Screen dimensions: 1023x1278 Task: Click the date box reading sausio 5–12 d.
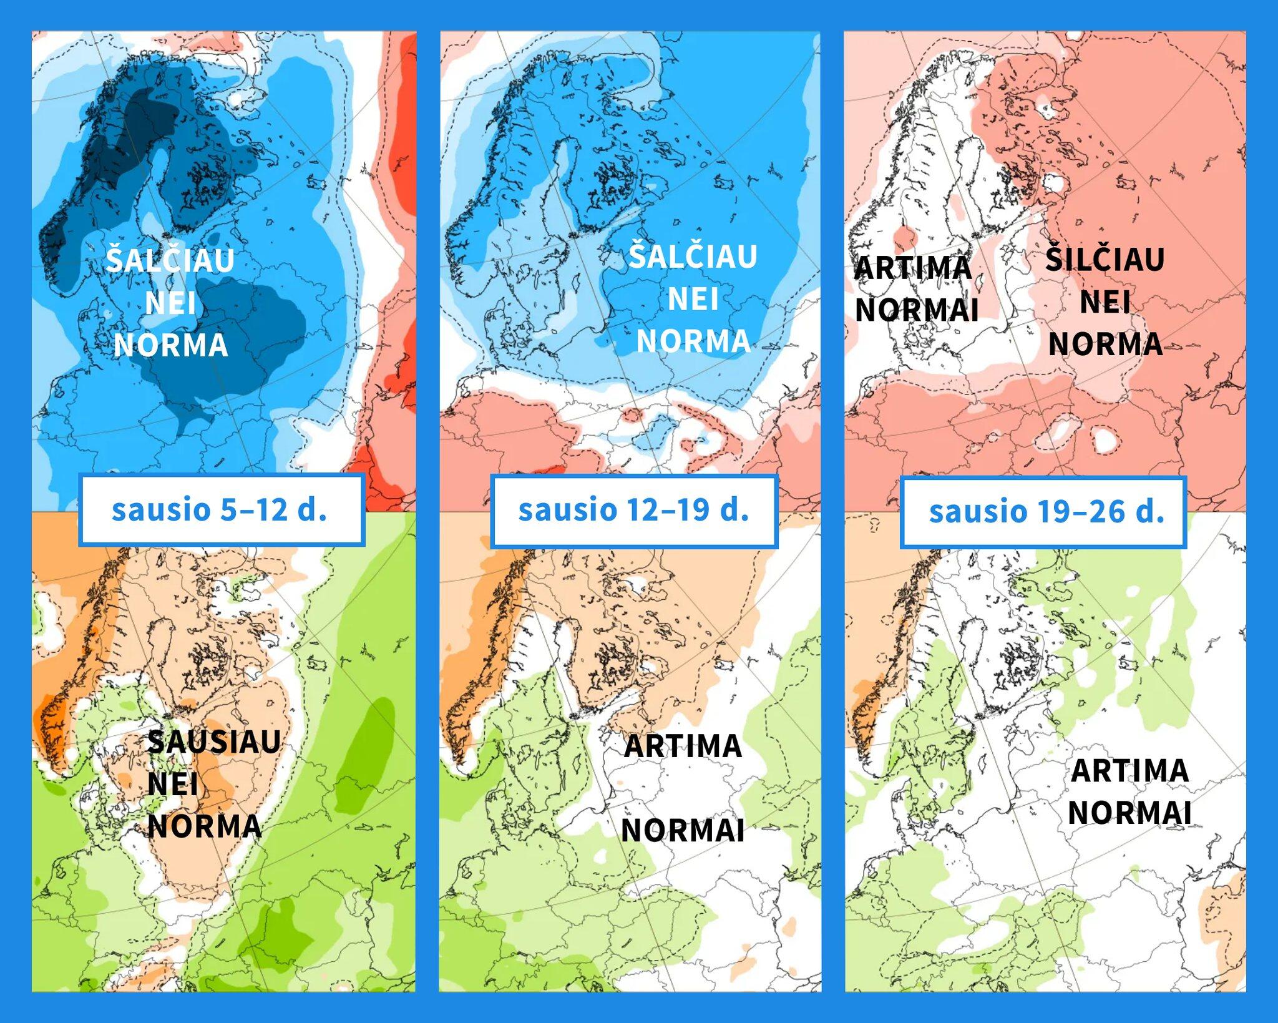[x=221, y=509]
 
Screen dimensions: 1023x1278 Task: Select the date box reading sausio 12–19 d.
[x=634, y=511]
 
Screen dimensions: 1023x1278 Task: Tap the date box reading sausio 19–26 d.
[x=1043, y=512]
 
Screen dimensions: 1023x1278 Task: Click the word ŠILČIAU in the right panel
[x=1105, y=258]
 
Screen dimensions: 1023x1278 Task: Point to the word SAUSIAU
[x=214, y=742]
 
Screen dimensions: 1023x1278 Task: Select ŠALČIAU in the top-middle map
[x=693, y=255]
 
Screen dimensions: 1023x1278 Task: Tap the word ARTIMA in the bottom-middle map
[x=683, y=746]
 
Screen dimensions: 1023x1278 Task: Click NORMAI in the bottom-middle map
[x=683, y=830]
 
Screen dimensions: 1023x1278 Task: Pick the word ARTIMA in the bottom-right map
[x=1129, y=771]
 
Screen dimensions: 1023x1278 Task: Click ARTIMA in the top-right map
[x=913, y=268]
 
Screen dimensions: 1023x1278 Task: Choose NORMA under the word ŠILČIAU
[x=1105, y=344]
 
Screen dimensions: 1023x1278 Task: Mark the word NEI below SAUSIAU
[x=173, y=784]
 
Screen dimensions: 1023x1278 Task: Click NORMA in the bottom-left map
[x=204, y=826]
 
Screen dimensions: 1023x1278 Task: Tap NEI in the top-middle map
[x=693, y=299]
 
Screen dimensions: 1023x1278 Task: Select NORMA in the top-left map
[x=171, y=345]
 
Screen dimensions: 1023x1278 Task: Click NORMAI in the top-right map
[x=916, y=310]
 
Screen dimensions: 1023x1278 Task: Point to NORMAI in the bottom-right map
[x=1129, y=813]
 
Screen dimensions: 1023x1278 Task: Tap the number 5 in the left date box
[x=229, y=509]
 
